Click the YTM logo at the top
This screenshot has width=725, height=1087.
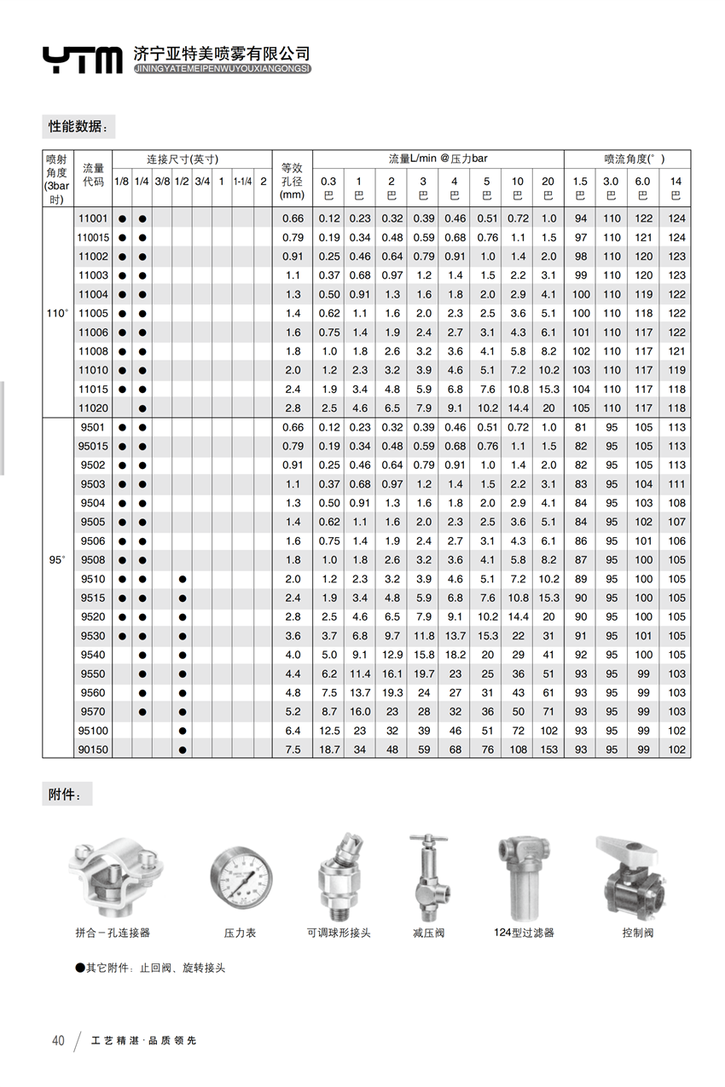[x=83, y=60]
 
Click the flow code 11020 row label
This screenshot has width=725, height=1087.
[x=93, y=408]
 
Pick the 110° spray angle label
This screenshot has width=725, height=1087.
[x=57, y=314]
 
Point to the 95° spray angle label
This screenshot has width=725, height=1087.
[x=57, y=560]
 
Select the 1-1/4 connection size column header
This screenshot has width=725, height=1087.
[x=242, y=182]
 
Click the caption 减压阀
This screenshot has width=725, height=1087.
[x=428, y=934]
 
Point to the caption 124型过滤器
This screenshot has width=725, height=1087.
[x=524, y=934]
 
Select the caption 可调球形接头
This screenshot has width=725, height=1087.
[x=339, y=934]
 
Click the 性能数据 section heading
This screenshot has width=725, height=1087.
[x=78, y=126]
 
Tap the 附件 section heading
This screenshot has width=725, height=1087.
[x=66, y=795]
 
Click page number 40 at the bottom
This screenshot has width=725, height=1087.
[x=58, y=1040]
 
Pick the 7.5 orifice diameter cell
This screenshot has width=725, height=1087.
[x=293, y=749]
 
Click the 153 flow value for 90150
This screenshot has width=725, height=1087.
[x=548, y=749]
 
